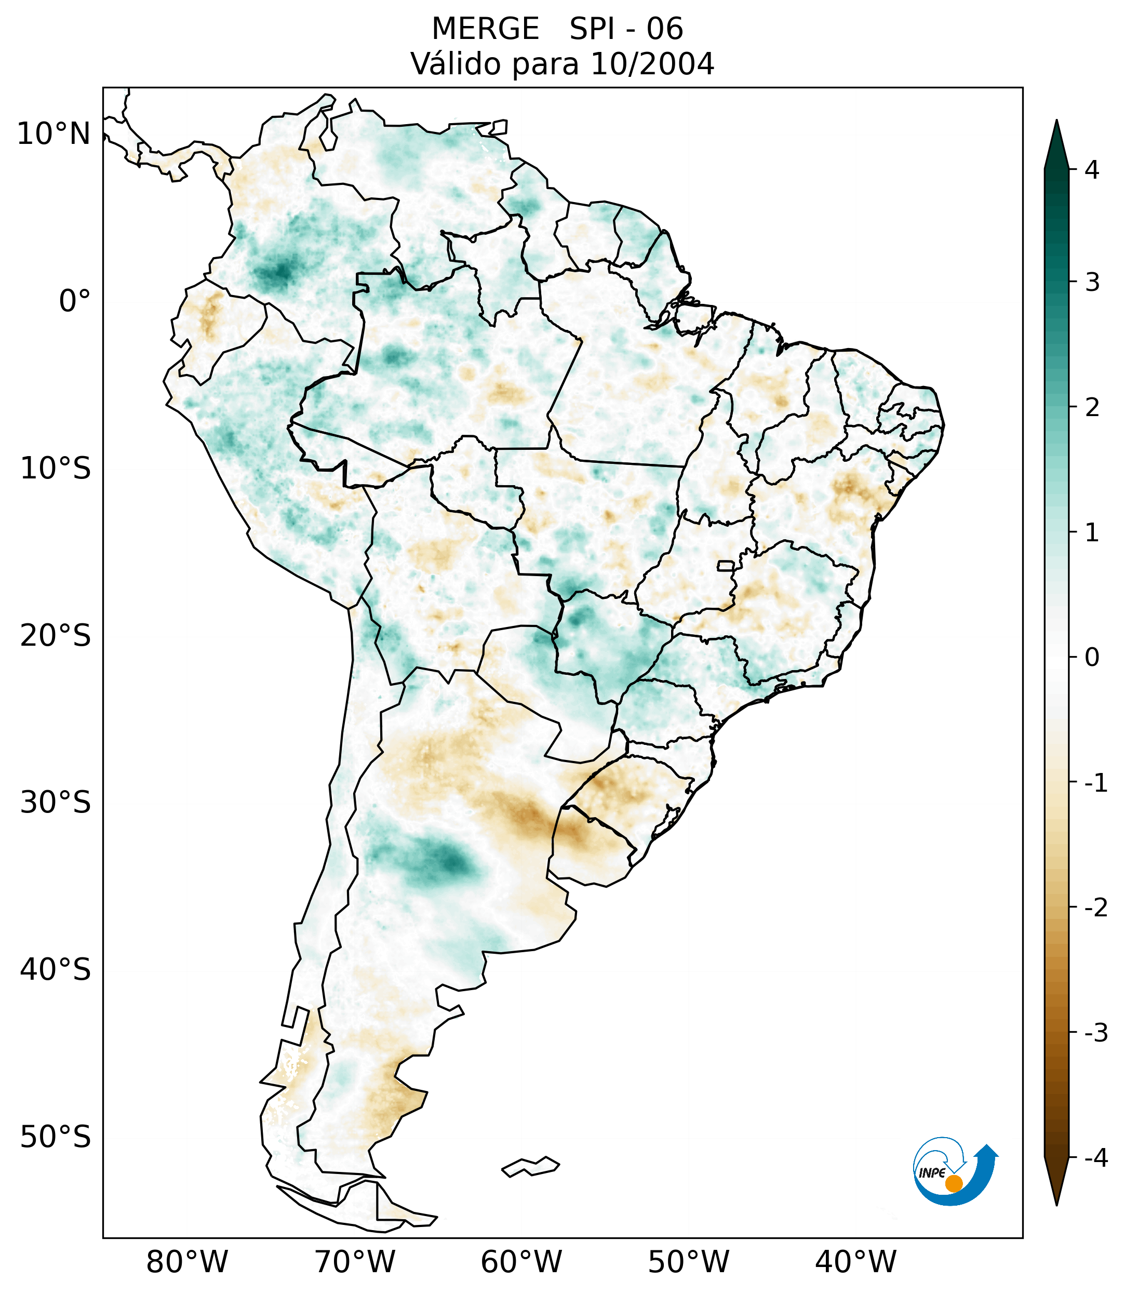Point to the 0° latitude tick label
(x=74, y=301)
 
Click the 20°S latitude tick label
(x=56, y=636)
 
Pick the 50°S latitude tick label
(x=56, y=1138)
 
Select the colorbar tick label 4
(x=1092, y=170)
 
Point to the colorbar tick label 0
(x=1092, y=658)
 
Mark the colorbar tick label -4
(x=1095, y=1158)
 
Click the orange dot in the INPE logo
(x=954, y=1183)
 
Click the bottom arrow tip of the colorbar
(x=1056, y=1204)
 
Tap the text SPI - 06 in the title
(x=626, y=29)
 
